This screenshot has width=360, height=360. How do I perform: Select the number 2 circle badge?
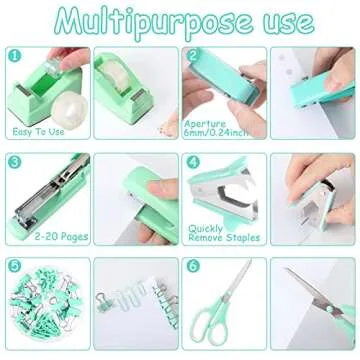coord(193,58)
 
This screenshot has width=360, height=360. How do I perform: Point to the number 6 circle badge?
coord(193,266)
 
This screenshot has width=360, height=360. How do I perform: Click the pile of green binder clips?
coord(40,310)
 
